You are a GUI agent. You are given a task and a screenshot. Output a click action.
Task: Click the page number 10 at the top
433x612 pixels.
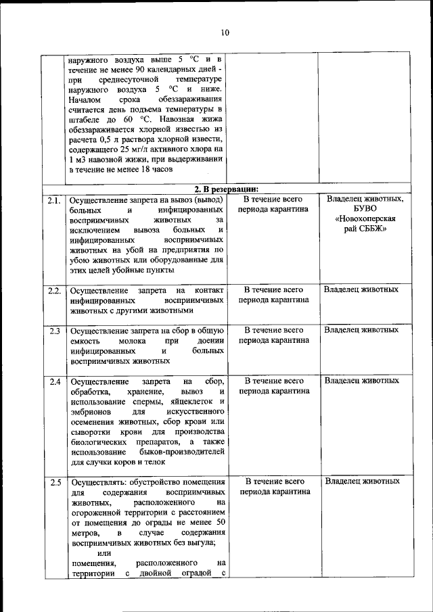tap(225, 32)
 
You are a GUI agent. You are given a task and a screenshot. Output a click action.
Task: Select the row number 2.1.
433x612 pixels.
tap(55, 200)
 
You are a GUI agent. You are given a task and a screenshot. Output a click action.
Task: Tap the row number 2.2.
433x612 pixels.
tap(55, 291)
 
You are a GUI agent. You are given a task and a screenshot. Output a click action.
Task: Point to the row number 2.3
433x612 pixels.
tap(55, 331)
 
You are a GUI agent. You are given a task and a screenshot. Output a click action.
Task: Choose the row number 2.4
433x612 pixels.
tap(55, 382)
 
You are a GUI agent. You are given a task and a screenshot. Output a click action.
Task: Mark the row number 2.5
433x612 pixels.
tap(55, 483)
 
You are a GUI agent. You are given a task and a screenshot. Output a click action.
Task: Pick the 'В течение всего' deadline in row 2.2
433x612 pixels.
tap(273, 290)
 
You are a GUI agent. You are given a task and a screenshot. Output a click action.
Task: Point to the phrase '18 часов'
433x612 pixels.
tap(156, 170)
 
